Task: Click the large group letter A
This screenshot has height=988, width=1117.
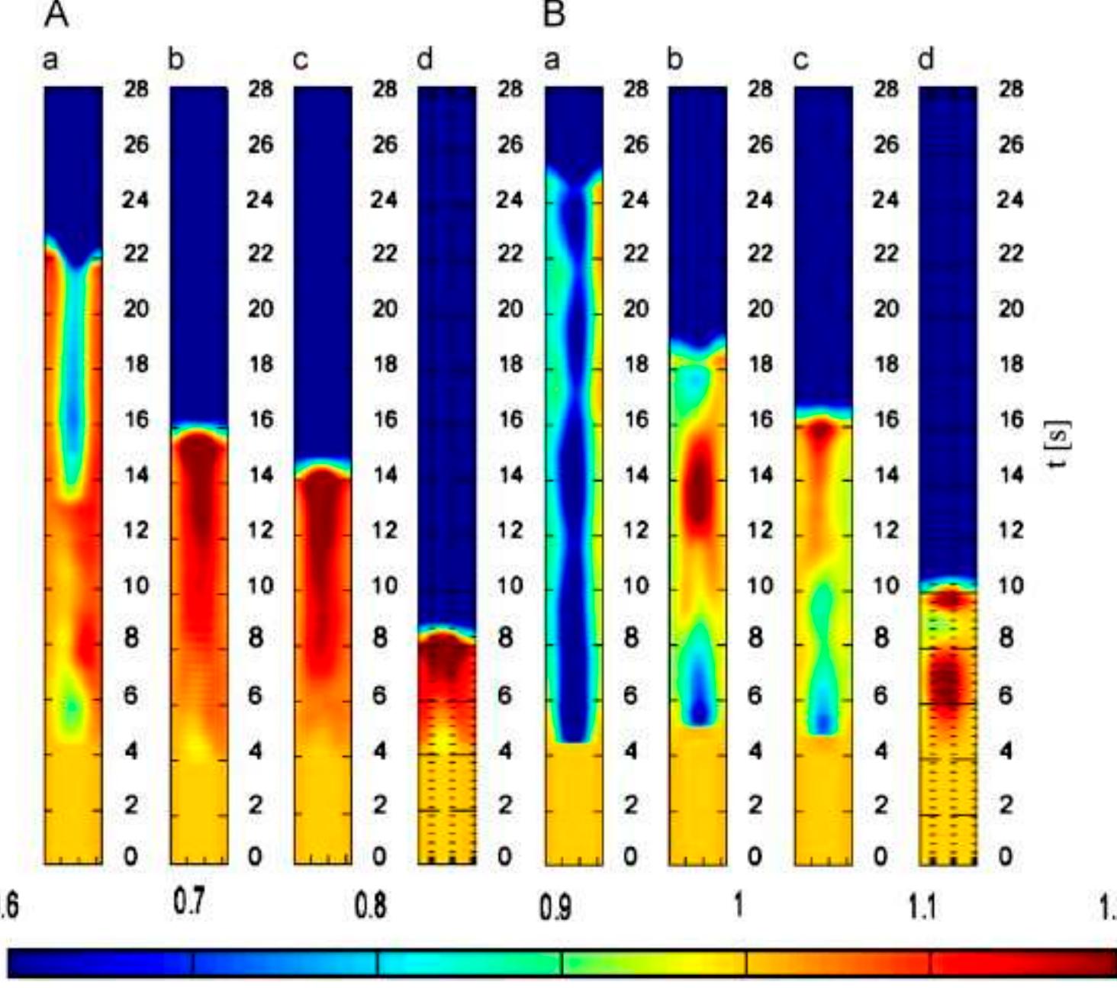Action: click(x=56, y=14)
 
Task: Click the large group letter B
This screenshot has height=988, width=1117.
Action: click(x=554, y=14)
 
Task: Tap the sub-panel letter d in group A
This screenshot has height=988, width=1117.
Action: click(x=425, y=59)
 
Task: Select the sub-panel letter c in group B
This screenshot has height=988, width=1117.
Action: click(x=800, y=59)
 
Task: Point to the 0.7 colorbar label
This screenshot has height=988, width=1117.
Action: click(x=188, y=903)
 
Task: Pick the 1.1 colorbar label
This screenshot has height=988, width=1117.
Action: click(x=922, y=907)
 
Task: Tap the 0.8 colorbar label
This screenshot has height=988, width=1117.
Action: click(x=370, y=906)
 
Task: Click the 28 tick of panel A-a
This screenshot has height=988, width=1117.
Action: click(x=136, y=89)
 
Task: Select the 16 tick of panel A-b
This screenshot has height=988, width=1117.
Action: click(x=260, y=420)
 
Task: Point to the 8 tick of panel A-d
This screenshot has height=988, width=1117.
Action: click(x=505, y=638)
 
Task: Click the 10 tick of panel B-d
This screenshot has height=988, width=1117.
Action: click(x=1011, y=586)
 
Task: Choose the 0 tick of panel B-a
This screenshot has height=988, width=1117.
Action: click(x=630, y=857)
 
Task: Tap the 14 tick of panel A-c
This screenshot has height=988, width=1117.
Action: click(x=385, y=475)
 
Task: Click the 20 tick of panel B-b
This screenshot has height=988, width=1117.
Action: click(x=760, y=309)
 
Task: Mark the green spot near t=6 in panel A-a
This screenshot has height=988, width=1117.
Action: click(x=72, y=708)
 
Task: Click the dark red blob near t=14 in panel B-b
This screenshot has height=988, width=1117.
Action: click(x=698, y=488)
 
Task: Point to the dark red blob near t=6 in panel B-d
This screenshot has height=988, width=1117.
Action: click(x=947, y=681)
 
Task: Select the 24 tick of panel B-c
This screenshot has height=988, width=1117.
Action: click(x=886, y=200)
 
